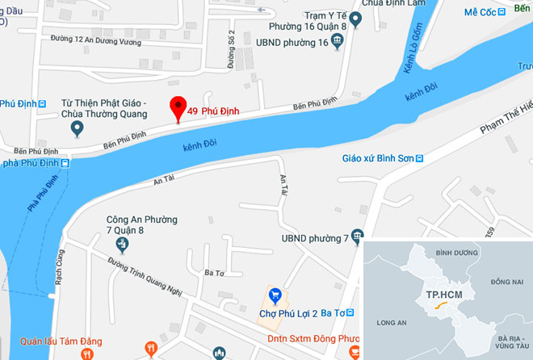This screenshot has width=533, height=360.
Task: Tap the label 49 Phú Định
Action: click(x=212, y=111)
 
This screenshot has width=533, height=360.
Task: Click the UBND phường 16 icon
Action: click(x=339, y=43)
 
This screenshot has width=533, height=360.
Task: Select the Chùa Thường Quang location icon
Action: click(x=78, y=128)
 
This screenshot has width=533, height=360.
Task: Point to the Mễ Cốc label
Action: click(x=481, y=14)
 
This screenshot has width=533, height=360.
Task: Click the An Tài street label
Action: click(x=165, y=182)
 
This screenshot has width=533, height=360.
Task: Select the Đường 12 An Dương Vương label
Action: click(x=90, y=39)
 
